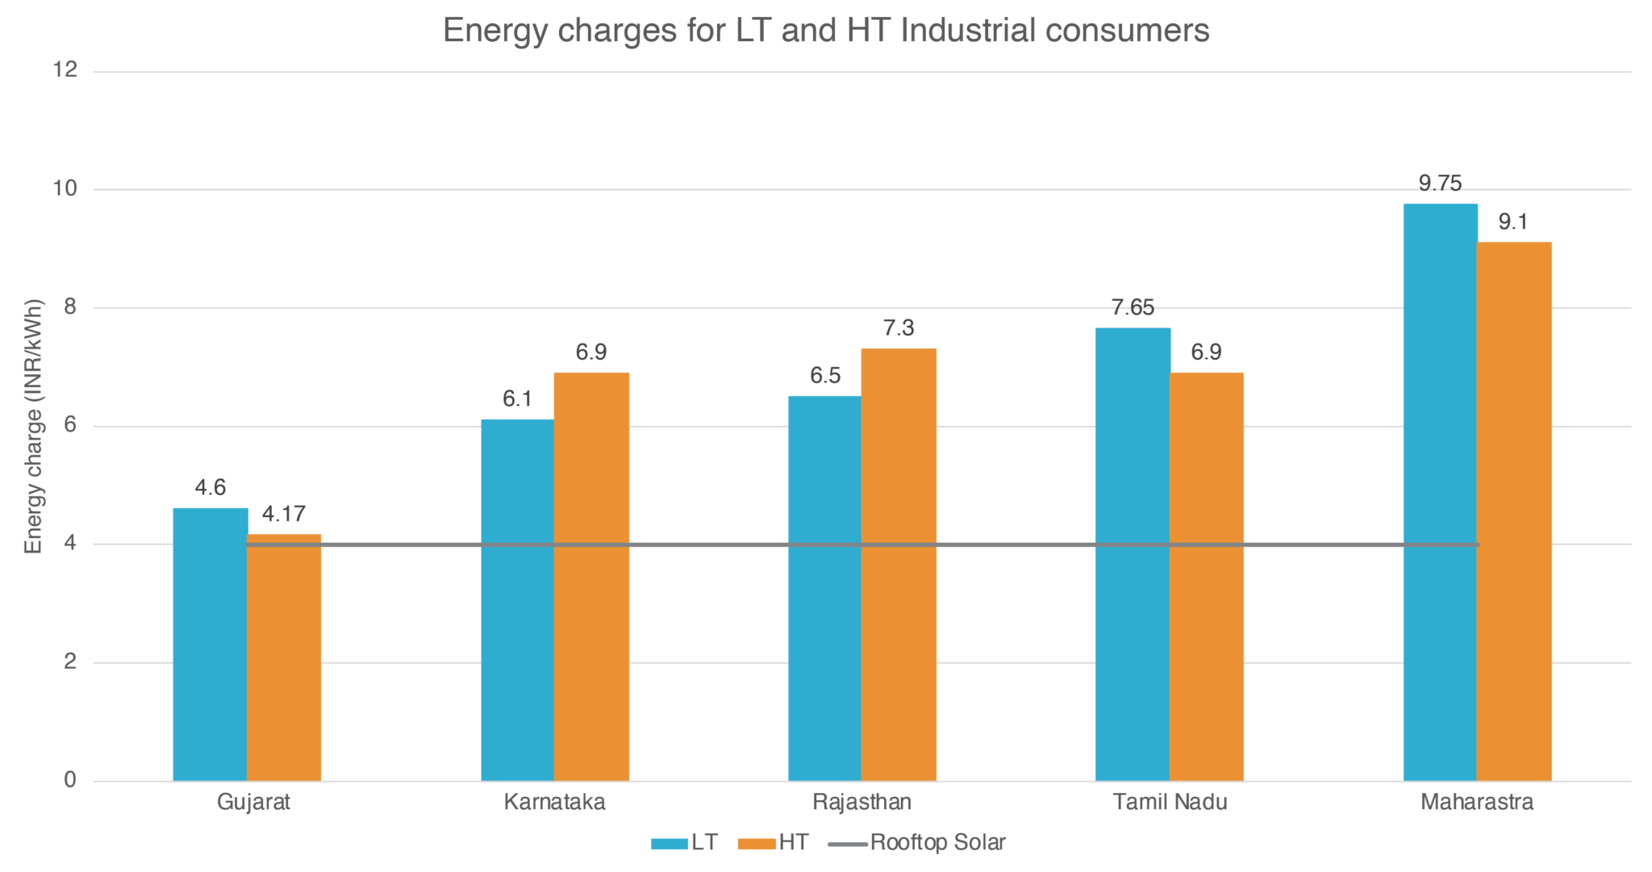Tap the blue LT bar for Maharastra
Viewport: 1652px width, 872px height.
[x=1440, y=492]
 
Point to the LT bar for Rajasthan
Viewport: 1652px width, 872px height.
[x=824, y=588]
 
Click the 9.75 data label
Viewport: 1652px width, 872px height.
[x=1440, y=184]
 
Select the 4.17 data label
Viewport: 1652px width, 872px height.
[x=284, y=514]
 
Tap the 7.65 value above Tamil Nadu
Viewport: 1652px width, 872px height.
[x=1133, y=307]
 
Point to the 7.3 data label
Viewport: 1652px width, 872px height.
[x=898, y=328]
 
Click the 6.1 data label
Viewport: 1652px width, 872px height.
[x=517, y=399]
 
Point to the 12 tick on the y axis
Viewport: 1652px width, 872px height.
[x=65, y=70]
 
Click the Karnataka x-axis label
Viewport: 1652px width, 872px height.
[x=555, y=803]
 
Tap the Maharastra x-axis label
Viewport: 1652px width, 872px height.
[x=1477, y=803]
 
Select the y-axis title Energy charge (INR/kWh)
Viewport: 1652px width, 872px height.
[x=33, y=427]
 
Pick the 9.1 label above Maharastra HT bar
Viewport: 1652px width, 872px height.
[x=1513, y=222]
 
